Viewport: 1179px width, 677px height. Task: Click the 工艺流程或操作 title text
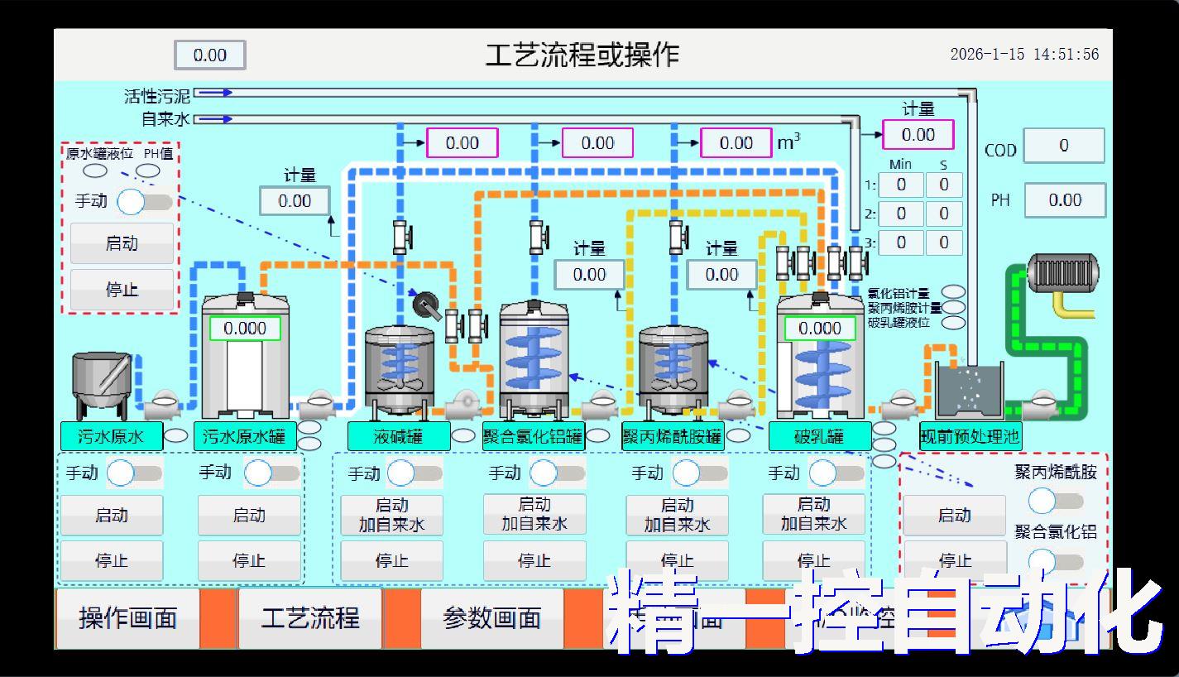[x=582, y=55]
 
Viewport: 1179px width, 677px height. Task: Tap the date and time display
[x=1024, y=55]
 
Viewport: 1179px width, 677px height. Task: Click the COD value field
[x=1063, y=146]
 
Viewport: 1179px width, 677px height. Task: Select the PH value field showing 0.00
[x=1064, y=200]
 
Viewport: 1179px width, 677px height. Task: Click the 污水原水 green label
[x=111, y=436]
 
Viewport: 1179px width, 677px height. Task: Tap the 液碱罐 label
[x=398, y=436]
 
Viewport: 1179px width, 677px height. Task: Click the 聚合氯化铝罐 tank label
[x=533, y=436]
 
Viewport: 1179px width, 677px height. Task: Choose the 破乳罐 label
[x=819, y=436]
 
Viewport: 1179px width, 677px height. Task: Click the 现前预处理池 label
[x=970, y=436]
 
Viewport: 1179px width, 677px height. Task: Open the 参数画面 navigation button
[x=492, y=618]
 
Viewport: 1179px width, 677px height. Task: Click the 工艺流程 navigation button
[x=310, y=618]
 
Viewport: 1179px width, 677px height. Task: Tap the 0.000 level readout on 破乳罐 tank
[x=819, y=329]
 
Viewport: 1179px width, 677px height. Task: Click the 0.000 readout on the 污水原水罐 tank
[x=245, y=329]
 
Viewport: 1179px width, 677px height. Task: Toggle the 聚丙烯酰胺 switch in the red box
[x=1055, y=501]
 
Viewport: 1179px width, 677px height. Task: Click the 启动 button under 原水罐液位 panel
[x=122, y=243]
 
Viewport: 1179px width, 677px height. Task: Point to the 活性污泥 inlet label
[x=157, y=96]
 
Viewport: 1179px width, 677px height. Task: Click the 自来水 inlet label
[x=165, y=119]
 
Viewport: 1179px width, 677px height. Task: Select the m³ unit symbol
[x=788, y=142]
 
